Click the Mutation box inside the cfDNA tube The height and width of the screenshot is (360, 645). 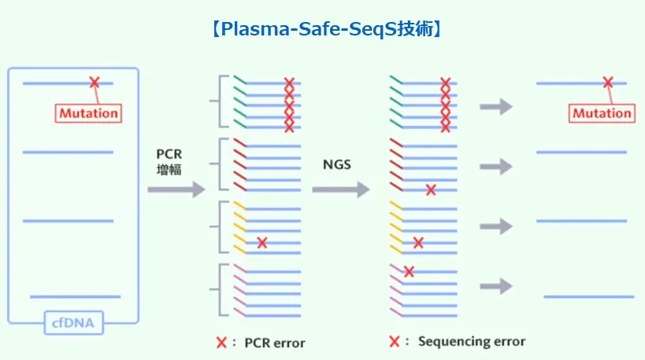tap(88, 113)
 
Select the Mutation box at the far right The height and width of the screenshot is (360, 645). tap(602, 113)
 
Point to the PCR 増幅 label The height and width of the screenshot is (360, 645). tap(169, 161)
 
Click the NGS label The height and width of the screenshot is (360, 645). tap(337, 165)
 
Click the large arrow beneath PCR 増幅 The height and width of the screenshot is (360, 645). tap(176, 189)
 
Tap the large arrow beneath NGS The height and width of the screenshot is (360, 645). tap(340, 189)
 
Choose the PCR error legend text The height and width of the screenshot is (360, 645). tap(275, 343)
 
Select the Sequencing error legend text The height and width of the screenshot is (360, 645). tap(472, 341)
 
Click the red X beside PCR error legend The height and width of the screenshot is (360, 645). tap(222, 343)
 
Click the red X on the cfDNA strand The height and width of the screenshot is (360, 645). tap(95, 82)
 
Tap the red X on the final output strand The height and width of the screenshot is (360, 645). tap(607, 82)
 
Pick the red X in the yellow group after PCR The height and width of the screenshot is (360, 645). tap(262, 243)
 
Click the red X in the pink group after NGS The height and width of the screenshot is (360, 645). tap(410, 272)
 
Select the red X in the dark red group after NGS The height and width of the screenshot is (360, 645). tap(431, 189)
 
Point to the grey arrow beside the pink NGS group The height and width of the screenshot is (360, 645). tap(496, 285)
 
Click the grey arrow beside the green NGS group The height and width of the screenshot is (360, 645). tap(496, 106)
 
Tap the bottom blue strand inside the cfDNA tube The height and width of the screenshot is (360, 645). tap(75, 297)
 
